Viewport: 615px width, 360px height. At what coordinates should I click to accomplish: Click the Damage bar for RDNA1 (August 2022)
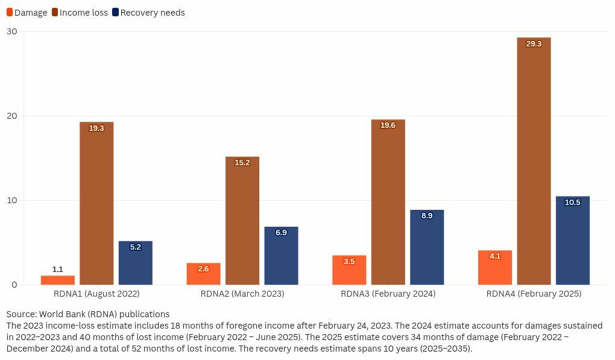coord(58,280)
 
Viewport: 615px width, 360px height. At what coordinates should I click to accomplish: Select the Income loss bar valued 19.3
coord(96,205)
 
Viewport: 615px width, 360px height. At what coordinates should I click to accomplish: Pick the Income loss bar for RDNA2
coord(242,223)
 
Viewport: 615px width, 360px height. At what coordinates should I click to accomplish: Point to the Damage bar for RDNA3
coord(349,271)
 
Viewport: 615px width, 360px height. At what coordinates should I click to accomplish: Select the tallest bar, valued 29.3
coord(534,163)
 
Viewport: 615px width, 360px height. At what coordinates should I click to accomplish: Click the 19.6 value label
coord(388,125)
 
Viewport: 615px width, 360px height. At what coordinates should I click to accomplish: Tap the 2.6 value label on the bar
coord(203,269)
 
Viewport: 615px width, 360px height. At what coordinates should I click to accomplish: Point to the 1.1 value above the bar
coord(58,270)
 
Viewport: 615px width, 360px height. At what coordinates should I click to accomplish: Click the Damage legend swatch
coord(10,12)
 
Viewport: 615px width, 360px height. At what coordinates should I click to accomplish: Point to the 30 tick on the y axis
coord(12,31)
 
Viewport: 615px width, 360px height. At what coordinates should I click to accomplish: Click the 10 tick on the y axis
coord(12,200)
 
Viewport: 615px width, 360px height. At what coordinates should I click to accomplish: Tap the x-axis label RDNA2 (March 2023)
coord(242,294)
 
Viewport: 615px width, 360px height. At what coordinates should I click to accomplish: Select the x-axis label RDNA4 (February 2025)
coord(534,294)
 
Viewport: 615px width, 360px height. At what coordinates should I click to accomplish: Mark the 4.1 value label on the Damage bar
coord(495,256)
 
